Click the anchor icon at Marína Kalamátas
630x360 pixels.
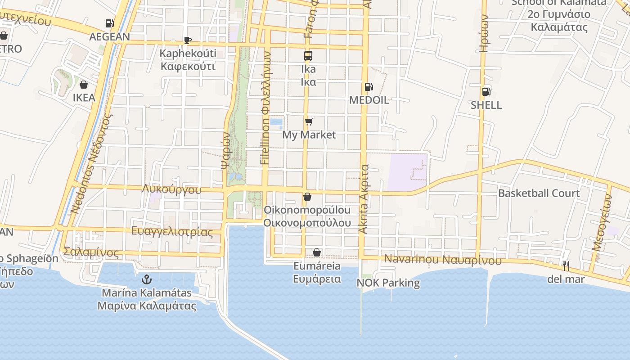(146, 280)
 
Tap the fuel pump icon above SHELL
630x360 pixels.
(486, 92)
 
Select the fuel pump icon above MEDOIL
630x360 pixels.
(369, 87)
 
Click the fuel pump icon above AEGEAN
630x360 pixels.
(109, 23)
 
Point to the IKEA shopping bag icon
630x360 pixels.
(84, 85)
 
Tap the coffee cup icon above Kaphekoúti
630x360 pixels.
(188, 40)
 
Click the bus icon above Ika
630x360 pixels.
(308, 56)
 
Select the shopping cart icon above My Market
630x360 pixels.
(309, 121)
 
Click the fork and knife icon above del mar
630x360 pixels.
(566, 266)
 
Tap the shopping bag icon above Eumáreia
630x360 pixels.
(317, 252)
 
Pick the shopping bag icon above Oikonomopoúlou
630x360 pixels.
(307, 197)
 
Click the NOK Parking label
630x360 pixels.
(388, 283)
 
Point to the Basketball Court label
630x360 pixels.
(539, 193)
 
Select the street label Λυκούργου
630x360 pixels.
(171, 189)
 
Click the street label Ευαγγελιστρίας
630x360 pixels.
(172, 232)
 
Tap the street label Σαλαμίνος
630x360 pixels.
(91, 252)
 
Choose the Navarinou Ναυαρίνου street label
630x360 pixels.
(442, 260)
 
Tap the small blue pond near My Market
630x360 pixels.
(276, 122)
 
